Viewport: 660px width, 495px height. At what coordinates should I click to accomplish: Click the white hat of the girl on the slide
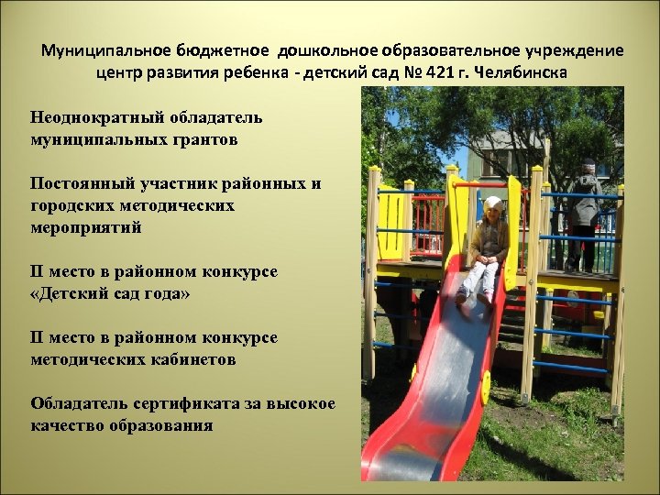(x=493, y=203)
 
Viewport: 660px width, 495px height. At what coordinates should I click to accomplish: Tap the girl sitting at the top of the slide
(x=486, y=247)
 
